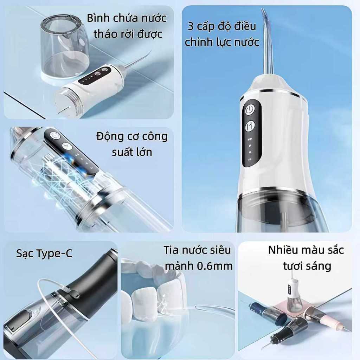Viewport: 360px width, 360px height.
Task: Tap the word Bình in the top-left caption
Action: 97,18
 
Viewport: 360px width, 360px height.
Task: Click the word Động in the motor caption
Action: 109,137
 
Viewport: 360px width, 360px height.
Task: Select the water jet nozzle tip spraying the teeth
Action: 198,307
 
